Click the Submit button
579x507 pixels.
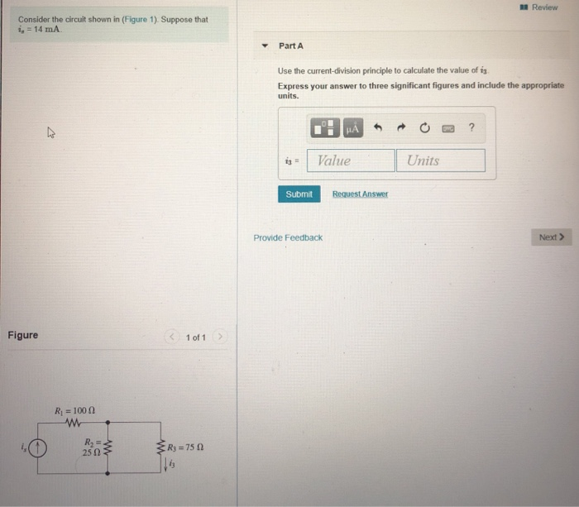tap(299, 194)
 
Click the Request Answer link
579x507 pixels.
tap(360, 194)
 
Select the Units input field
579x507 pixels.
tap(440, 160)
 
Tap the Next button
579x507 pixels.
tap(551, 237)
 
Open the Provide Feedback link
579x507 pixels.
tap(288, 237)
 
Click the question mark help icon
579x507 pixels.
tap(471, 127)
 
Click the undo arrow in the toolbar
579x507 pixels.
tap(379, 127)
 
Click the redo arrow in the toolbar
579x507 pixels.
tap(401, 127)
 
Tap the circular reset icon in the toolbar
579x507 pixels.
tap(424, 127)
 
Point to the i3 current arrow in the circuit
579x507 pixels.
tap(165, 464)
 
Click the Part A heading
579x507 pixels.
tap(291, 45)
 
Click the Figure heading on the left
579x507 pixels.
tap(22, 335)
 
